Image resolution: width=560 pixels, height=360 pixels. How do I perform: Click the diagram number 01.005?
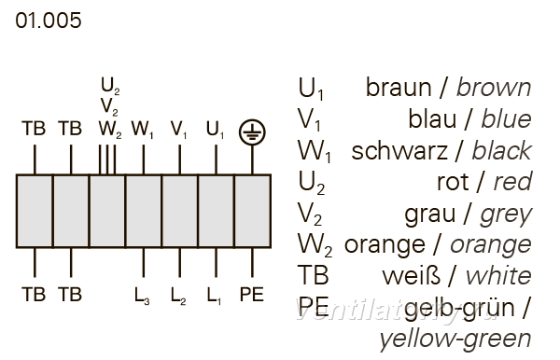tap(49, 21)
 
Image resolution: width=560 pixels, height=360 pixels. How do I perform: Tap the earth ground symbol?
tap(252, 132)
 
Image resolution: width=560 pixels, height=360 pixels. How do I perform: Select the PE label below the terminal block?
tap(252, 295)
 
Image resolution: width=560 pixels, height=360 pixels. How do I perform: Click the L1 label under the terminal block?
tap(214, 296)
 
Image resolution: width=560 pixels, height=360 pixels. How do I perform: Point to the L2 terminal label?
tap(178, 296)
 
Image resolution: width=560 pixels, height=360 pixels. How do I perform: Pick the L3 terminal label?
tap(142, 296)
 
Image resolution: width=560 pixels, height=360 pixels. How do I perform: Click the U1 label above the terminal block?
tap(215, 130)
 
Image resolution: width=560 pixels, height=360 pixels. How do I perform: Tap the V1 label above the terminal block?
tap(178, 130)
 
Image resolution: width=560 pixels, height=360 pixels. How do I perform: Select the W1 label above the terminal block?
tap(142, 130)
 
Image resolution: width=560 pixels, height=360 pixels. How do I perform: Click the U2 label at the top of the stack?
tap(110, 86)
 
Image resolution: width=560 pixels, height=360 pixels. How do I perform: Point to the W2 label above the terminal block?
tap(110, 130)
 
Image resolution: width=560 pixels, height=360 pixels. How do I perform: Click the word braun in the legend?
tap(399, 88)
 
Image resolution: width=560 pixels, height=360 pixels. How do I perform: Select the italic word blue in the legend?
tap(506, 118)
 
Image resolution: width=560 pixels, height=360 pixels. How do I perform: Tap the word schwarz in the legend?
tap(399, 151)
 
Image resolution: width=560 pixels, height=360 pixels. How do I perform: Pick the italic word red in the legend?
tap(512, 182)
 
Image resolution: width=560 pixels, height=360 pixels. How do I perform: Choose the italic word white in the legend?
tap(498, 276)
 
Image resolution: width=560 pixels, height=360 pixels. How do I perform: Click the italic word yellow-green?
tap(455, 339)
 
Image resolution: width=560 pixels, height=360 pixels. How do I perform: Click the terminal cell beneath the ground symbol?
tap(253, 211)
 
